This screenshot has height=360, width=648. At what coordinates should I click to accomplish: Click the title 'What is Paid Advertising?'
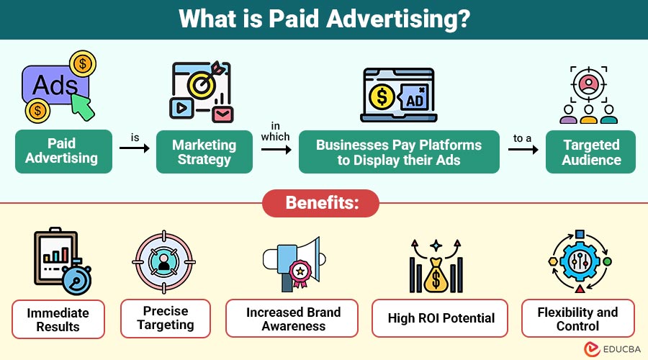pyautogui.click(x=325, y=19)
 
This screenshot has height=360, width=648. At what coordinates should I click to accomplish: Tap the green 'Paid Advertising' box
pyautogui.click(x=63, y=151)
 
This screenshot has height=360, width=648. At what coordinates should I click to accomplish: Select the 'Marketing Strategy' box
pyautogui.click(x=204, y=152)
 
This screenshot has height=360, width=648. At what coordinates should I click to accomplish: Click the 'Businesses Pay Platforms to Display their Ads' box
pyautogui.click(x=399, y=152)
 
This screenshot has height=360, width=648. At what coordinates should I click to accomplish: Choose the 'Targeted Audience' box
pyautogui.click(x=590, y=152)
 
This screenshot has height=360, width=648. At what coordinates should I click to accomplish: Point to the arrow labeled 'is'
pyautogui.click(x=135, y=148)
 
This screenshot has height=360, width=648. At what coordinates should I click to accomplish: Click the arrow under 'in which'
pyautogui.click(x=276, y=149)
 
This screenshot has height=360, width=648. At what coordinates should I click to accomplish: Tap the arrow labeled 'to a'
pyautogui.click(x=523, y=149)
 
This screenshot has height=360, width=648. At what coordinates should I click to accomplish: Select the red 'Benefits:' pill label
pyautogui.click(x=320, y=203)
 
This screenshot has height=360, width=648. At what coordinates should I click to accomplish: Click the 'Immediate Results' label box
pyautogui.click(x=58, y=320)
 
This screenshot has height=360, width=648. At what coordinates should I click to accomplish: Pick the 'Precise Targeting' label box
pyautogui.click(x=166, y=318)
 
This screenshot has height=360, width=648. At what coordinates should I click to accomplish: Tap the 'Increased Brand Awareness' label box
pyautogui.click(x=292, y=318)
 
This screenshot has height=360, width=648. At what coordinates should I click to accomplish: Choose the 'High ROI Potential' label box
pyautogui.click(x=440, y=318)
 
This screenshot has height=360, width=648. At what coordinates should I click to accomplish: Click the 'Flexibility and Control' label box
pyautogui.click(x=577, y=318)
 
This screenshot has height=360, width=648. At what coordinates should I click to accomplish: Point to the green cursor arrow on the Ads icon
pyautogui.click(x=82, y=107)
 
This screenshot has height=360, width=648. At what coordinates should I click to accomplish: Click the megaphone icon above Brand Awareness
pyautogui.click(x=294, y=264)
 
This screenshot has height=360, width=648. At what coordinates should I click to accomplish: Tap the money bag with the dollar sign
pyautogui.click(x=436, y=275)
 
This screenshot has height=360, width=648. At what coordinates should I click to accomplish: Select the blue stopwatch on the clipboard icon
pyautogui.click(x=77, y=278)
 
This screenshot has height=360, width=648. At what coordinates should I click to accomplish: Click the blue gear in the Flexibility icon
pyautogui.click(x=580, y=261)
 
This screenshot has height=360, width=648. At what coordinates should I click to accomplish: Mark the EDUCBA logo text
pyautogui.click(x=622, y=349)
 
